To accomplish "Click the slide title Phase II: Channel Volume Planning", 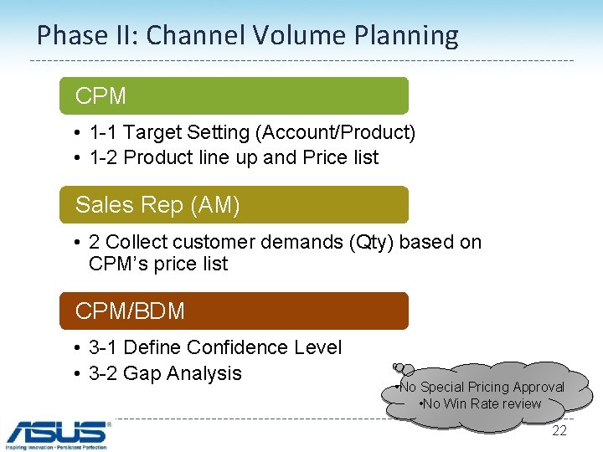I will pyautogui.click(x=248, y=35).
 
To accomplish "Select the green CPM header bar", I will pyautogui.click(x=234, y=95).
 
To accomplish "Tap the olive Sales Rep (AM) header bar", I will pyautogui.click(x=234, y=204).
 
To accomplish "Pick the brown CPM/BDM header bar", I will pyautogui.click(x=234, y=311).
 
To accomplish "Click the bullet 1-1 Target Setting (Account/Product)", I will pyautogui.click(x=251, y=132).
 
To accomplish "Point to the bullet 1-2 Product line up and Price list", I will pyautogui.click(x=234, y=157).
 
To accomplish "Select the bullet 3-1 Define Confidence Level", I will pyautogui.click(x=214, y=347).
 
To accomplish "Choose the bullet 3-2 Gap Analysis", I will pyautogui.click(x=165, y=373).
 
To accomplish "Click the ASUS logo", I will pyautogui.click(x=57, y=432).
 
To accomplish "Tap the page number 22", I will pyautogui.click(x=559, y=430).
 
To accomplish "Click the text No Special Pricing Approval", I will pyautogui.click(x=481, y=387).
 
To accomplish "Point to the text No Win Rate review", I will pyautogui.click(x=482, y=403).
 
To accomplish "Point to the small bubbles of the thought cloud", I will pyautogui.click(x=400, y=368).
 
